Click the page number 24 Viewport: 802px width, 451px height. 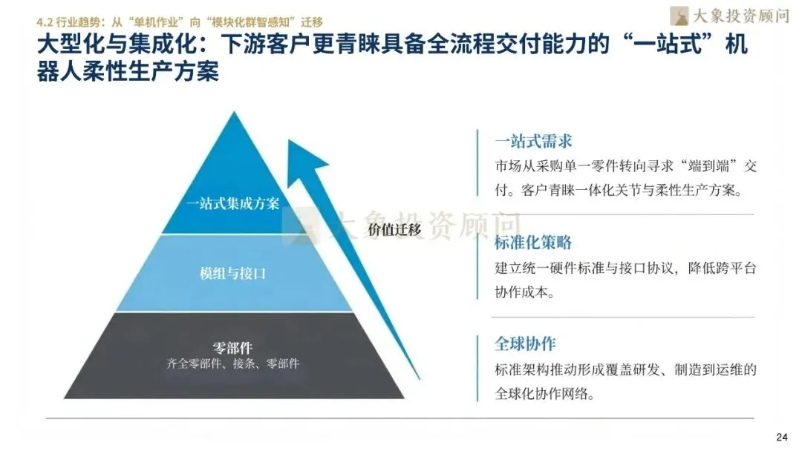click(x=780, y=435)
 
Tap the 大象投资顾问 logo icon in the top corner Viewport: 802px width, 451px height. click(x=679, y=15)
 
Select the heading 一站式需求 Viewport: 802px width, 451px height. click(x=533, y=141)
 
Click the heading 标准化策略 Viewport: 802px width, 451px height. click(x=533, y=243)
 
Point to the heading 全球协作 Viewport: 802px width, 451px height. click(x=525, y=344)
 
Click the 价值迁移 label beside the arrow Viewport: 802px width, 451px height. click(x=394, y=229)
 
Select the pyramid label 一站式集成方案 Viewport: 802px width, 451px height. click(x=233, y=203)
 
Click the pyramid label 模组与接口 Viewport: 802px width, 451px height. click(x=233, y=273)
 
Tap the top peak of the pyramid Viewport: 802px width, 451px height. click(x=234, y=116)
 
